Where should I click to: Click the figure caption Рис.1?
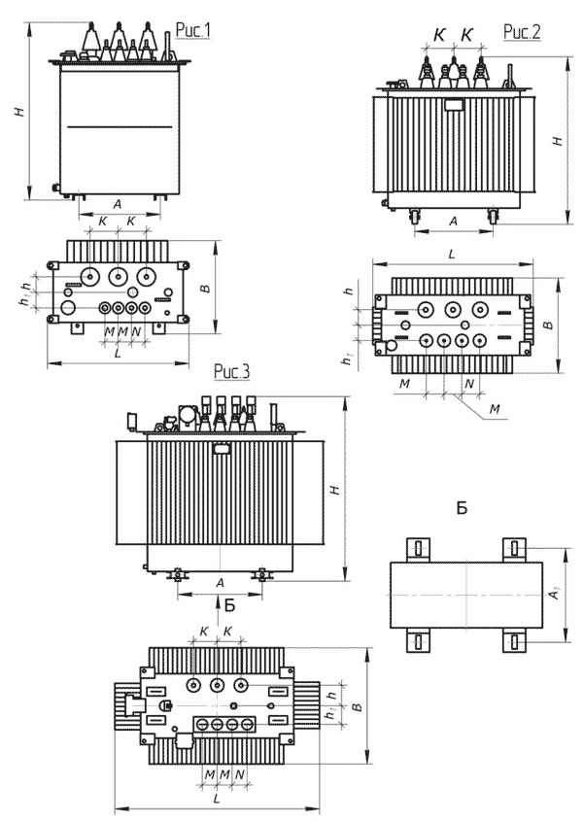pyautogui.click(x=192, y=31)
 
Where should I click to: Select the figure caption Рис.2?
pyautogui.click(x=521, y=32)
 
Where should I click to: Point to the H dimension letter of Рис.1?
pyautogui.click(x=19, y=111)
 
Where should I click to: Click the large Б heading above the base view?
pyautogui.click(x=462, y=507)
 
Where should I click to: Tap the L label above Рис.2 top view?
pyautogui.click(x=452, y=255)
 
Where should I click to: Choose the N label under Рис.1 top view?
pyautogui.click(x=136, y=331)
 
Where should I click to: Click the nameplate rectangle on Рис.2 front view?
pyautogui.click(x=453, y=104)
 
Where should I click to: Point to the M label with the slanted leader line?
pyautogui.click(x=495, y=408)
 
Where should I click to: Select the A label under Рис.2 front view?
pyautogui.click(x=454, y=222)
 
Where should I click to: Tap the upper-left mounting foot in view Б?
pyautogui.click(x=419, y=549)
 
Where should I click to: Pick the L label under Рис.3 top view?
pyautogui.click(x=217, y=799)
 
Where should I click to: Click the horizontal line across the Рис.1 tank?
pyautogui.click(x=120, y=126)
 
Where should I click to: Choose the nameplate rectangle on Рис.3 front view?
pyautogui.click(x=221, y=448)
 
